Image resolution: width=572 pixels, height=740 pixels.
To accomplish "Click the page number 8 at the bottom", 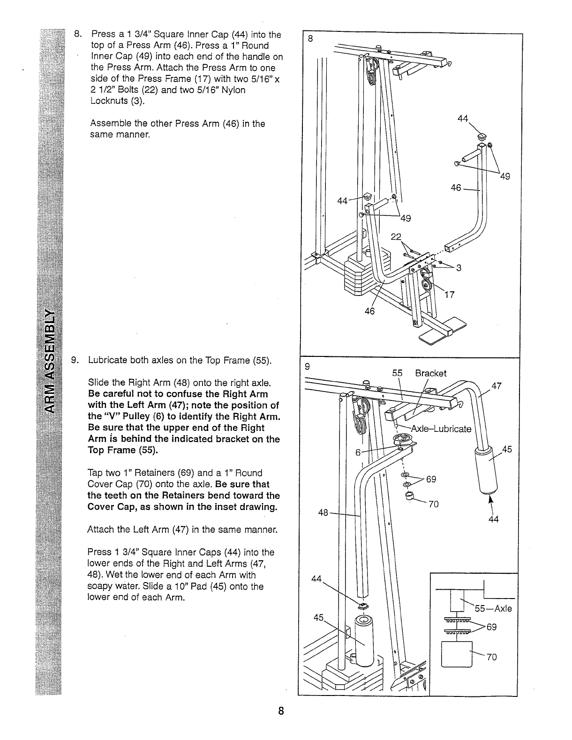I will point(280,711).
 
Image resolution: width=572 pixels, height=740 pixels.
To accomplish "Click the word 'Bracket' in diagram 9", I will point(430,373).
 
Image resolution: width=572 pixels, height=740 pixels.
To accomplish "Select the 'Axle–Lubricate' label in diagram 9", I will point(441,429).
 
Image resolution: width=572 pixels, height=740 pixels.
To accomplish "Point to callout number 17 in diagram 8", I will point(449,295).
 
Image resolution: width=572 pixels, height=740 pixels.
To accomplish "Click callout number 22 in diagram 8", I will point(396,237).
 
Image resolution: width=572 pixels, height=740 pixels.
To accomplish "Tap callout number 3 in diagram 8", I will point(459,268).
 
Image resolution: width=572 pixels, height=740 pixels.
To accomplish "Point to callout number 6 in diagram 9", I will point(358,452).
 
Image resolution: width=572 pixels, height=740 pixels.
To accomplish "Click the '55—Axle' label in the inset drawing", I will point(493,609).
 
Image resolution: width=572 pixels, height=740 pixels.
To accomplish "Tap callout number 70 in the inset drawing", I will point(491,657).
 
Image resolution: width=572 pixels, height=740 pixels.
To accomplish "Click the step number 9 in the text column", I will point(74,361).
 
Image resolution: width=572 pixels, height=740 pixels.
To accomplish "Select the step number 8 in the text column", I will point(78,34).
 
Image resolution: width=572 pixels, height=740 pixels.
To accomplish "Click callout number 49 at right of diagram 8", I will point(504,177).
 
